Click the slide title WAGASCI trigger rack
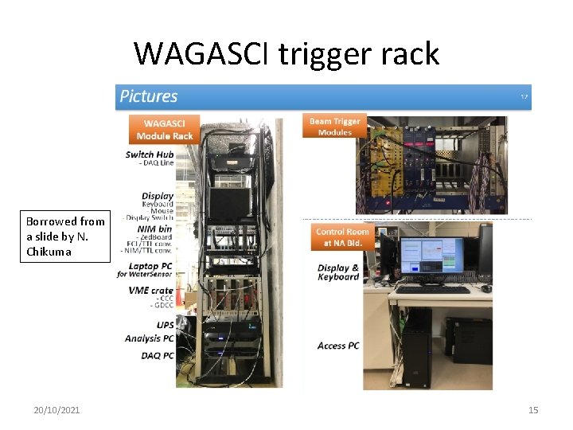(286, 53)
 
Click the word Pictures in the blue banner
(149, 96)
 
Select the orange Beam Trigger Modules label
(335, 127)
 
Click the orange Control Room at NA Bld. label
(341, 237)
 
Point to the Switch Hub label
(150, 154)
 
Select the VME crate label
(150, 291)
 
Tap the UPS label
(165, 325)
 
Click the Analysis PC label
(149, 338)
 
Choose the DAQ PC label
(158, 355)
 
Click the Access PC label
(338, 346)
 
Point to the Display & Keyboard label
(338, 272)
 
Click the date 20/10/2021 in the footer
(57, 410)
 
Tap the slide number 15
(533, 410)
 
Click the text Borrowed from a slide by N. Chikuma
(64, 236)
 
